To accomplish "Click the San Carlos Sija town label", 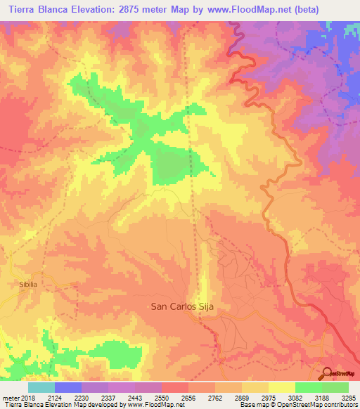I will pos(182,306).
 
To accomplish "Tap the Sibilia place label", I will pos(23,285).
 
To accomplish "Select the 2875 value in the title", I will pos(150,10).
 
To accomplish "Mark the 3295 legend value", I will pos(349,398).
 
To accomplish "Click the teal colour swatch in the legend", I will pos(41,387).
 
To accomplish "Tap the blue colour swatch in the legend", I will pos(68,387).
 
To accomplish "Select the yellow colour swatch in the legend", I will pos(282,387).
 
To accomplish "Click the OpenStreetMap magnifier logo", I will pos(326,373).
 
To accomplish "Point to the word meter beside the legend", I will pos(8,398).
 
